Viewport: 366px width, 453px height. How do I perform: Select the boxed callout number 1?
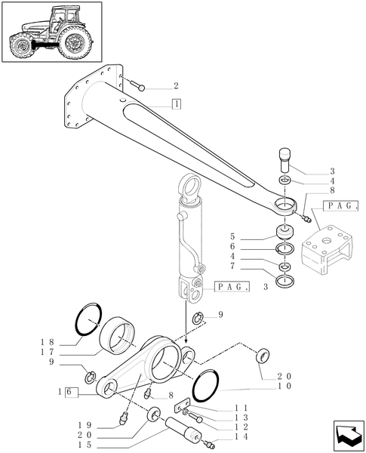[x=176, y=104]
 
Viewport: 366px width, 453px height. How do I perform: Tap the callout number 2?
[x=175, y=86]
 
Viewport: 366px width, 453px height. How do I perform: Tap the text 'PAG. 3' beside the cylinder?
[x=241, y=287]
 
